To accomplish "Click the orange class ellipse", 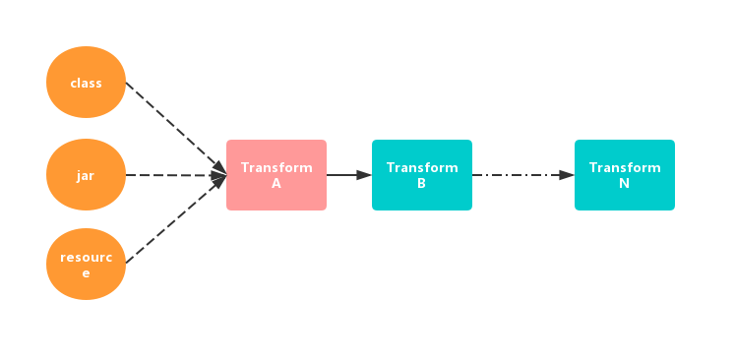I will click(87, 83).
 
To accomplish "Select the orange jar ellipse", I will click(87, 175).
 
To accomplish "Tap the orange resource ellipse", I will click(87, 264).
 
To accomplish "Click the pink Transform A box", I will click(276, 175).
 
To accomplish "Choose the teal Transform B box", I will click(422, 175).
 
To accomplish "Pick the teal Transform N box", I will click(625, 175).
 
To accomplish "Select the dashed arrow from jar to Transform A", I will click(172, 175).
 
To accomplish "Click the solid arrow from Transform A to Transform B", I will click(346, 175).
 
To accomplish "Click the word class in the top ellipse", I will click(87, 83).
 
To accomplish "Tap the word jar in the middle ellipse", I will click(87, 176).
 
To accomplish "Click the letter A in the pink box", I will click(276, 183).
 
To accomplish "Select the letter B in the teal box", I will click(422, 183).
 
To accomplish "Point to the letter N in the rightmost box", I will click(625, 183).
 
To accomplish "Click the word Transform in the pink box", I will click(276, 167).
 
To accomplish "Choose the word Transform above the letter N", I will click(625, 167).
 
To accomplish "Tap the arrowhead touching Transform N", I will click(567, 175).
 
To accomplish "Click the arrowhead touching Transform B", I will click(364, 175).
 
